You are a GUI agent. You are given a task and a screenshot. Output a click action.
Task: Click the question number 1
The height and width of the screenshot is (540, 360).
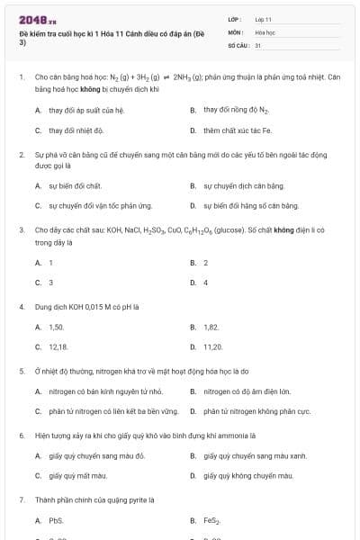[x=21, y=77]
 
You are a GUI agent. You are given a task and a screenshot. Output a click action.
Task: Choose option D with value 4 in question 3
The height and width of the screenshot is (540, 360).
[x=205, y=282]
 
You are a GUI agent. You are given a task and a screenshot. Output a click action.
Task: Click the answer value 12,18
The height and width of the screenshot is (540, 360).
[x=58, y=346]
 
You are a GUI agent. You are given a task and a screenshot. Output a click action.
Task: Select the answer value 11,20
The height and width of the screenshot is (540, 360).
[x=212, y=346]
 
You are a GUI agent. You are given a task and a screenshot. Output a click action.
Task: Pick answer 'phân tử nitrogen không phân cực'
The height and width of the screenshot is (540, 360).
[x=252, y=410]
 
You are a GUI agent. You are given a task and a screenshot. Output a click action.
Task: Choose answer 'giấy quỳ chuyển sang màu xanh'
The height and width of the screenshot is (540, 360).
[x=255, y=455]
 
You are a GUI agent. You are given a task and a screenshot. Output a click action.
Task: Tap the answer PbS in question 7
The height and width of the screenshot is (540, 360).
[x=56, y=520]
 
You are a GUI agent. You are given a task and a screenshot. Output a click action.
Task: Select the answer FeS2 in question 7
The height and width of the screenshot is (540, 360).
[x=211, y=520]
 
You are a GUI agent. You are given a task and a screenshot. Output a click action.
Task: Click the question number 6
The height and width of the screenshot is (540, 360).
[x=21, y=436]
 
